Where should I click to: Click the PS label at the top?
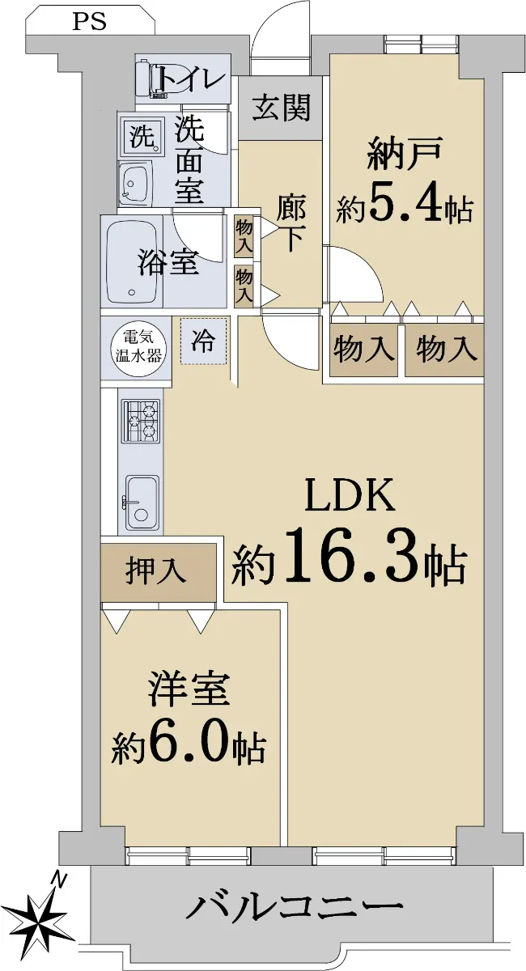89,22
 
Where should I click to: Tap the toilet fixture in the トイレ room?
153,78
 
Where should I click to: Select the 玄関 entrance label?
282,108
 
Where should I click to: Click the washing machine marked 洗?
142,138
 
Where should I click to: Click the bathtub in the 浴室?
132,262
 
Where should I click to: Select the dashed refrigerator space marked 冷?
203,341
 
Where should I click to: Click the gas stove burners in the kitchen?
140,421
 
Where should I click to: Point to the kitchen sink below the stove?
142,502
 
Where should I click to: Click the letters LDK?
350,494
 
